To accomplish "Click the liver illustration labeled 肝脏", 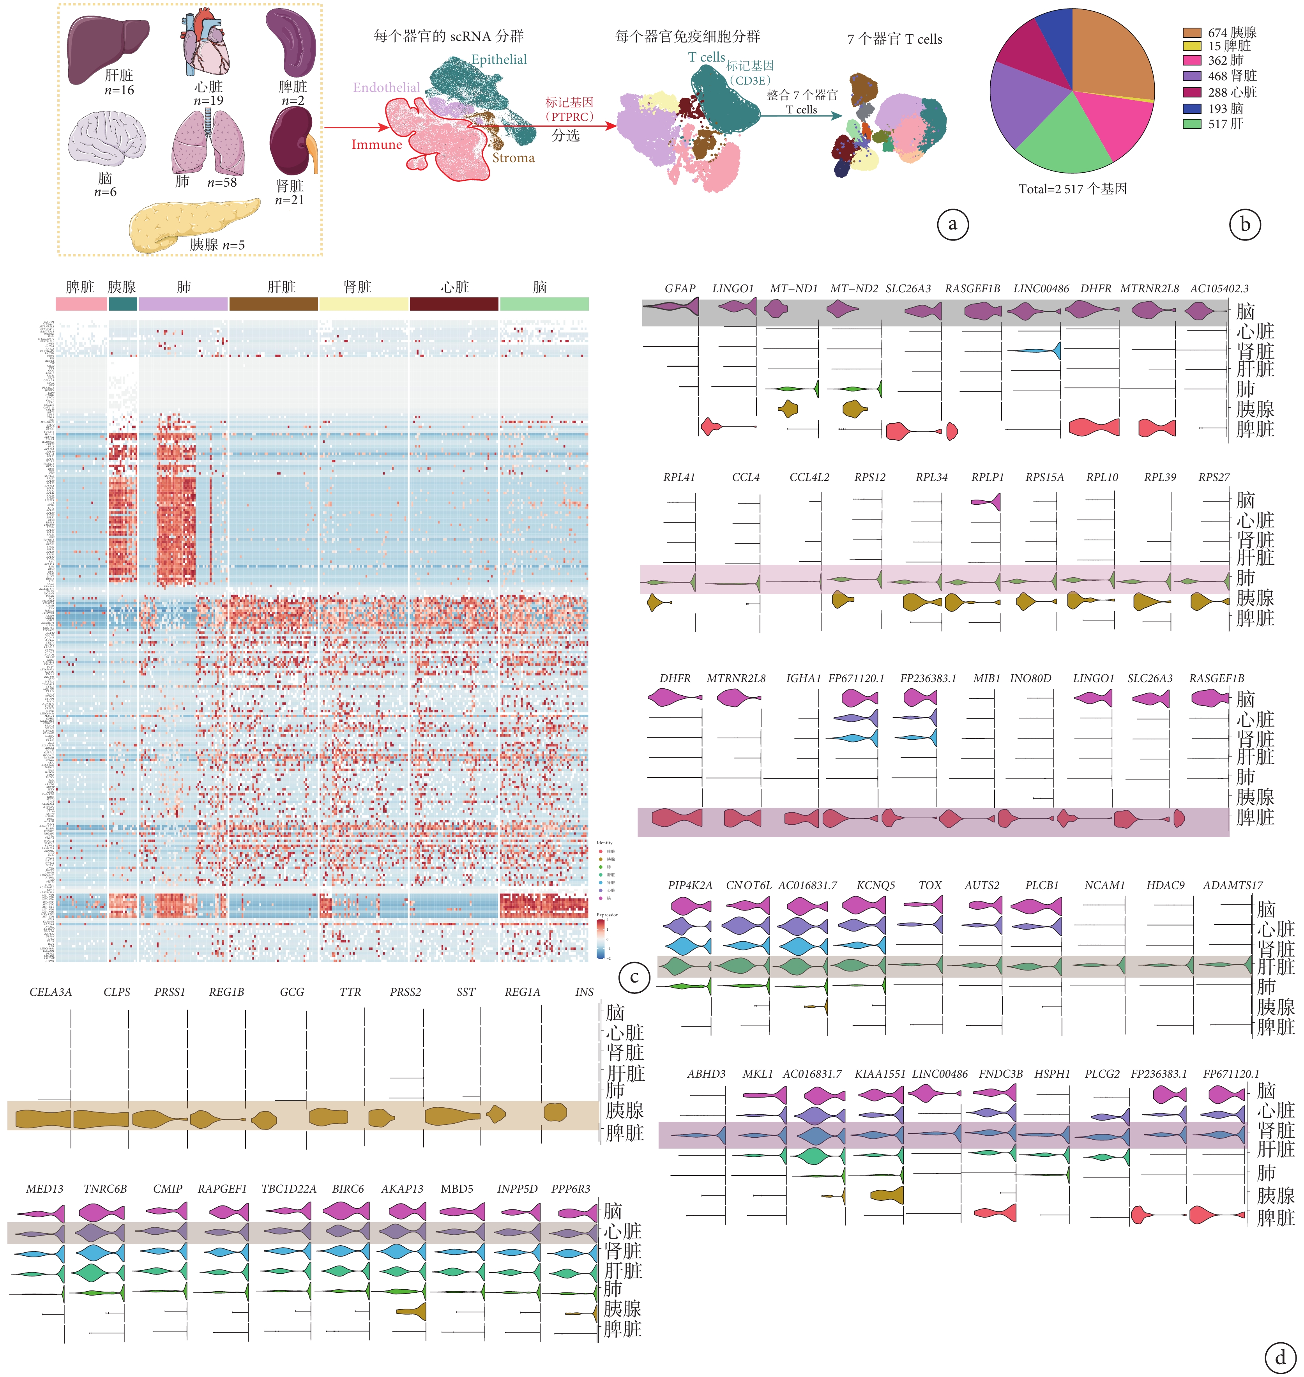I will click(108, 47).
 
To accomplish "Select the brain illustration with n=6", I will click(106, 141).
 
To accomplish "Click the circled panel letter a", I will click(952, 224).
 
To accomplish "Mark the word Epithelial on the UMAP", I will click(499, 60).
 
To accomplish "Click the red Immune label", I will click(376, 145).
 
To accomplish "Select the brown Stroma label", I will click(514, 158).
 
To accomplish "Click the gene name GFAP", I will click(679, 288).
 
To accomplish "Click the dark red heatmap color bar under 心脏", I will click(454, 304).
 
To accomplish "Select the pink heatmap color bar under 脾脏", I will click(81, 304).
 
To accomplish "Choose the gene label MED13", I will click(44, 1189).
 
